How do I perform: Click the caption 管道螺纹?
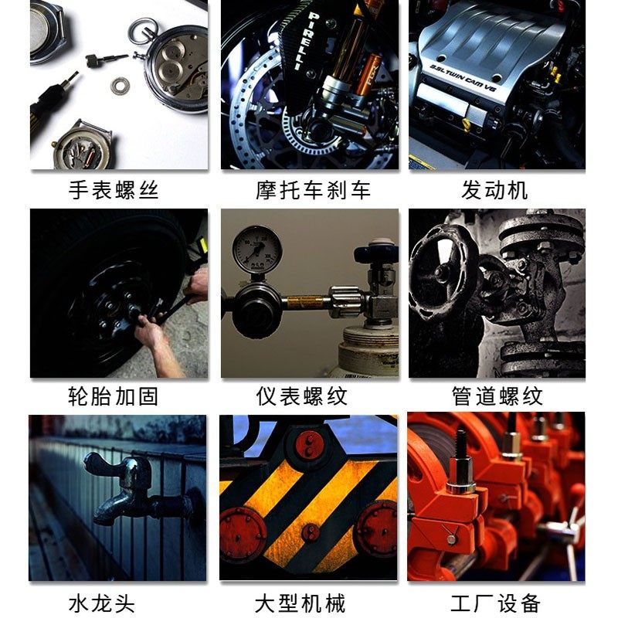[x=497, y=396]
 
